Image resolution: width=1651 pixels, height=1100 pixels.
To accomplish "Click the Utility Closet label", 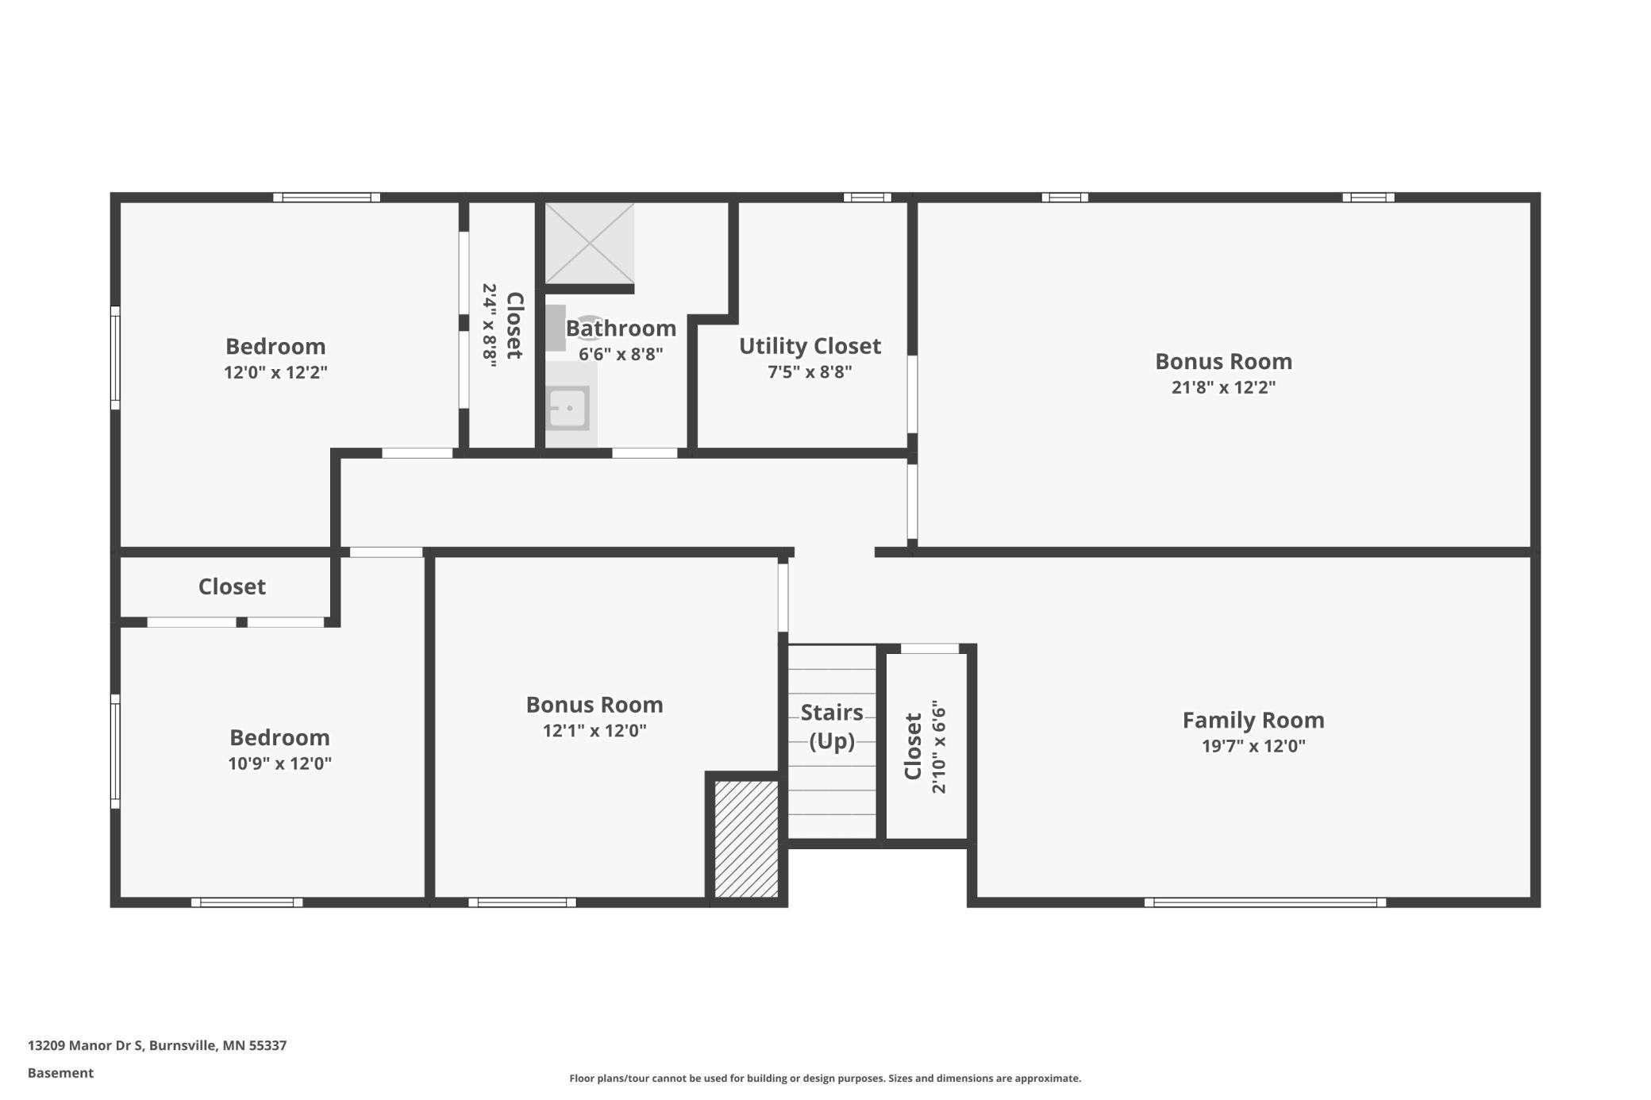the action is [x=810, y=346].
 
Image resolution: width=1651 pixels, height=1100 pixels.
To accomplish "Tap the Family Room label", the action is [x=1253, y=720].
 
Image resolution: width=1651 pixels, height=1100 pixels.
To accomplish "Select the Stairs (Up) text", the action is [x=832, y=726].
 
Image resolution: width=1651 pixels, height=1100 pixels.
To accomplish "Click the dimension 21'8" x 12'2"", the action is [x=1223, y=387].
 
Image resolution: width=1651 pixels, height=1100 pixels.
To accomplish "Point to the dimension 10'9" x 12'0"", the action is [x=279, y=763].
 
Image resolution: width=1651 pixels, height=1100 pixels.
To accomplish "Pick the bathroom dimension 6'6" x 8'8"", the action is [x=621, y=354].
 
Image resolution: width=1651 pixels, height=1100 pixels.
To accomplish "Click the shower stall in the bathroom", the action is [x=589, y=243].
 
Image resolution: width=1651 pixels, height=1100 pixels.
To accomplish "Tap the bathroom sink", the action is [x=568, y=408].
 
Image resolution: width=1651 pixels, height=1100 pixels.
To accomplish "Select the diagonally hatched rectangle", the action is [x=746, y=839].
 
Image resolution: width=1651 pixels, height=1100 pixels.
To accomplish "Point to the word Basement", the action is [x=60, y=1073].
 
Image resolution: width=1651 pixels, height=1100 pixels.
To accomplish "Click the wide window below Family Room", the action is [x=1265, y=902].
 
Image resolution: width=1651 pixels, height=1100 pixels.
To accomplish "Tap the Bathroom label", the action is [x=621, y=328].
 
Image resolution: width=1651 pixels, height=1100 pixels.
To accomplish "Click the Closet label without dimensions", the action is [x=232, y=587].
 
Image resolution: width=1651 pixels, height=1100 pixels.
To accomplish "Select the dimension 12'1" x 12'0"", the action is [x=595, y=731].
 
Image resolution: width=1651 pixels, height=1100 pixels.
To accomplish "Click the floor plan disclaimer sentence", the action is [x=825, y=1078].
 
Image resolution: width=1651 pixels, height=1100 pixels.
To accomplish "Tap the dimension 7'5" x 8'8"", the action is [x=810, y=372].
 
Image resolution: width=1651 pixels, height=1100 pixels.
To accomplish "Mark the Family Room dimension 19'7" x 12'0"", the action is [x=1253, y=746].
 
